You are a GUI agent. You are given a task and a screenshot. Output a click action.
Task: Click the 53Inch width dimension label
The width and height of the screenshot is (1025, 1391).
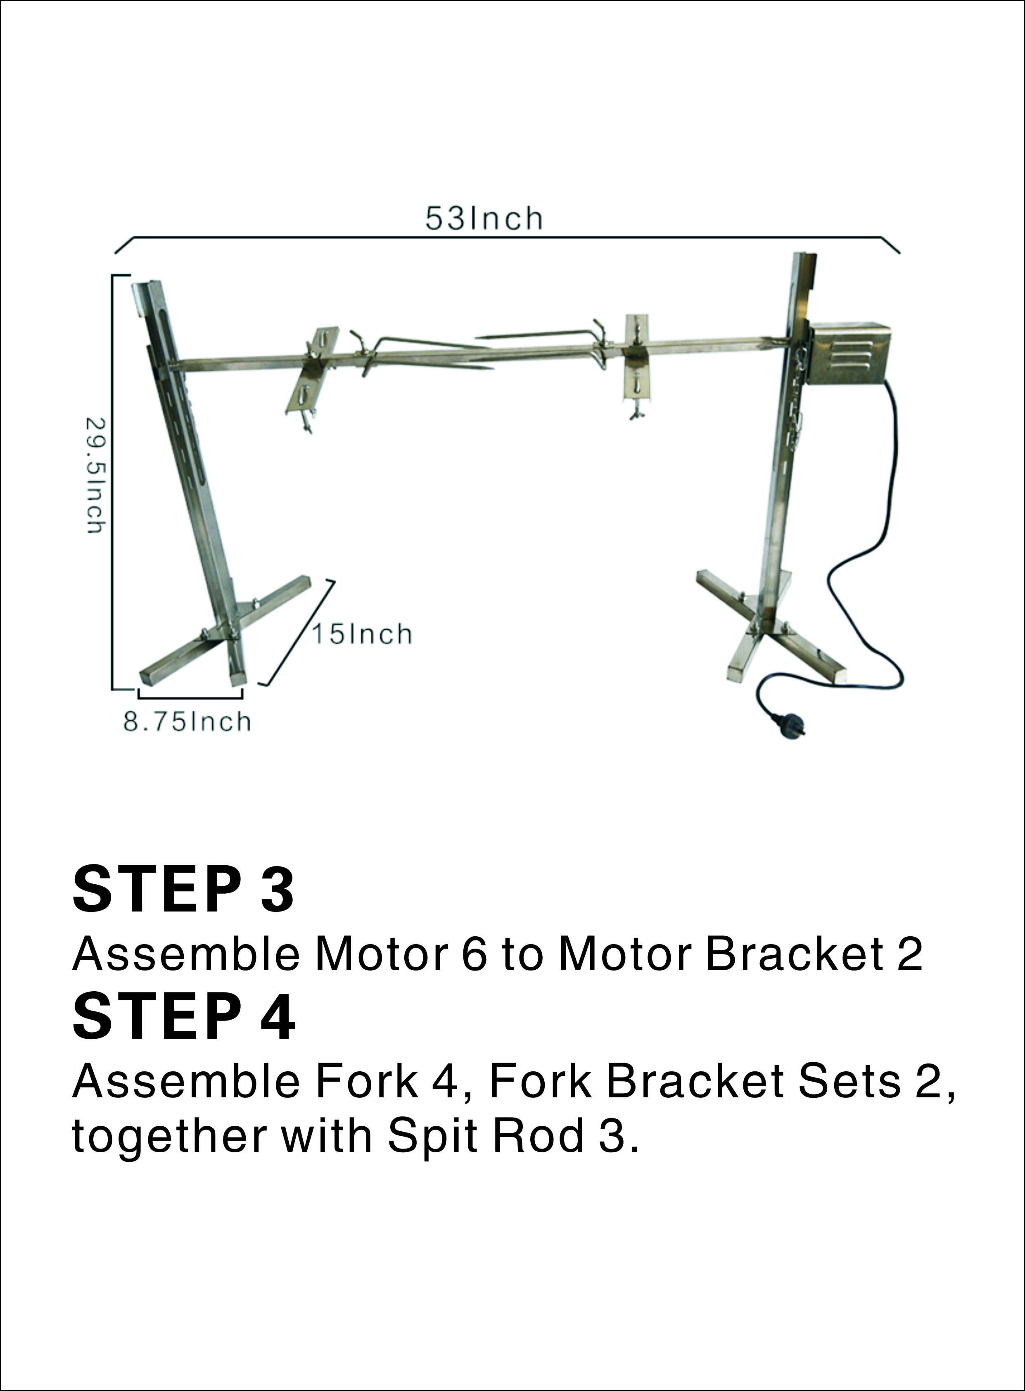click(x=483, y=218)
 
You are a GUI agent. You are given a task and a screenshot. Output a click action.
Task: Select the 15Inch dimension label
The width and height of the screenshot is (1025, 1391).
click(x=362, y=634)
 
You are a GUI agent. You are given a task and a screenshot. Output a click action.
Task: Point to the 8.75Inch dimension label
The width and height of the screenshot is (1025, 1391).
click(x=187, y=722)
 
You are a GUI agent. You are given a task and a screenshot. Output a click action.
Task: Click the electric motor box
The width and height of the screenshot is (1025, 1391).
click(x=848, y=354)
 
